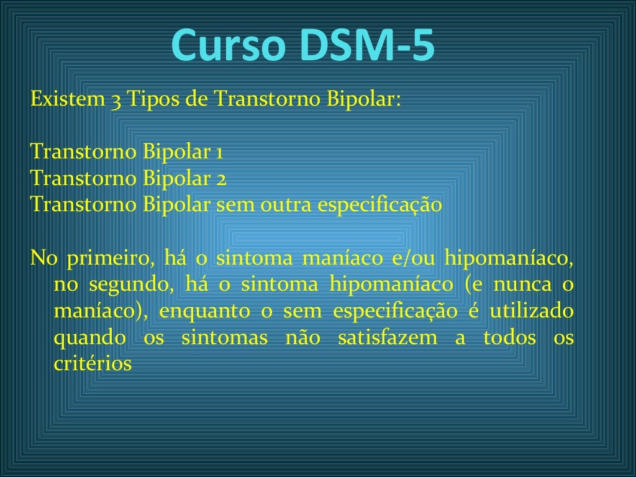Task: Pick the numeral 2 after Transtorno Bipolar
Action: [x=220, y=179]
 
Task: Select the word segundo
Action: [x=127, y=284]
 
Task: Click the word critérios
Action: [x=93, y=364]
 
